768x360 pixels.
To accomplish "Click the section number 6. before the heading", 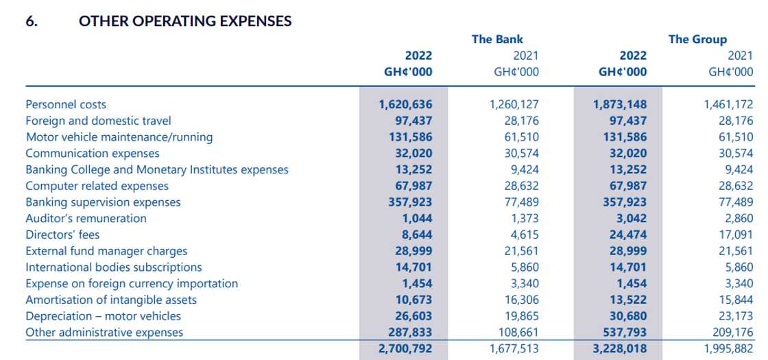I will click(x=32, y=21).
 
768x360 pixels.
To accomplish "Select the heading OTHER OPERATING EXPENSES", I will click(x=185, y=21).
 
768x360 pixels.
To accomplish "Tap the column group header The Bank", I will click(x=497, y=39).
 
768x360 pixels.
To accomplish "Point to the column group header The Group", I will click(x=697, y=39).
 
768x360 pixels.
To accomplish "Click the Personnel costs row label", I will click(x=66, y=104).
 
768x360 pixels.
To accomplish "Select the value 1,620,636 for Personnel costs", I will click(x=405, y=104).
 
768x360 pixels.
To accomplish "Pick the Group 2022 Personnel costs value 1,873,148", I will click(x=619, y=104).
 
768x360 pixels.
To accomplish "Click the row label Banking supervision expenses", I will click(x=103, y=202).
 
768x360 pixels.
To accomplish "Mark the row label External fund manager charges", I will click(x=106, y=251).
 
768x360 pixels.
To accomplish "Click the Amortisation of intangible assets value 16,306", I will click(x=521, y=300).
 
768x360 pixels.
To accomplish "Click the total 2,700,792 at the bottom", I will click(x=405, y=348).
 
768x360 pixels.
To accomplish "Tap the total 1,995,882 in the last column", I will click(x=728, y=348).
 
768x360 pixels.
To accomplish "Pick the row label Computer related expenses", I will click(x=97, y=186).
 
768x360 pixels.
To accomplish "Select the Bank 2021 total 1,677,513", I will click(x=514, y=348).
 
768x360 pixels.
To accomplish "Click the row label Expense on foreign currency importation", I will click(x=132, y=283).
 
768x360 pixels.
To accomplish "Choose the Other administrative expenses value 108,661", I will click(x=518, y=333).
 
